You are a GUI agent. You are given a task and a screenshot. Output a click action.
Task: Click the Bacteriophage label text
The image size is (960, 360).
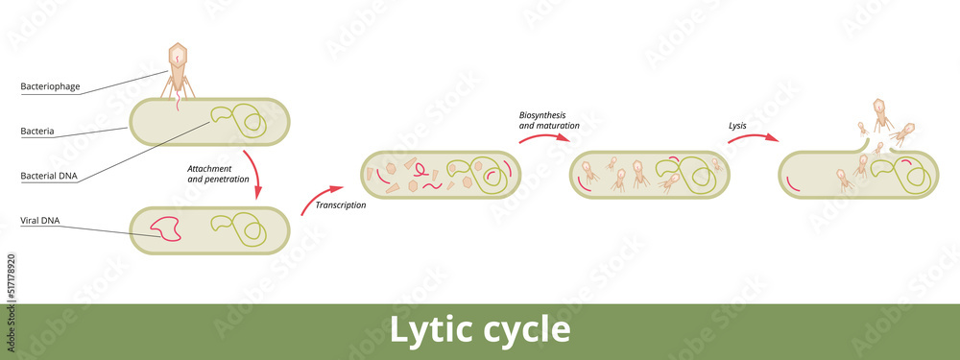pyautogui.click(x=50, y=87)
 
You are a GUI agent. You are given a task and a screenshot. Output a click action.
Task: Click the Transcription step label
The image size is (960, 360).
pyautogui.click(x=341, y=204)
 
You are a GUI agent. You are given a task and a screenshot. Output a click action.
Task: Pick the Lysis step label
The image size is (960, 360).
pyautogui.click(x=737, y=125)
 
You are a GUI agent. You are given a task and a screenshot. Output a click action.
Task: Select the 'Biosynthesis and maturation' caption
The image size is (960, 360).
pyautogui.click(x=549, y=120)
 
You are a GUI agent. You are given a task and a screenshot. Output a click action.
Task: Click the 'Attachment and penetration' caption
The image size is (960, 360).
pyautogui.click(x=218, y=174)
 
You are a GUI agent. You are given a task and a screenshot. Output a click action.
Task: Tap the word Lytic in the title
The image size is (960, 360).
pyautogui.click(x=428, y=329)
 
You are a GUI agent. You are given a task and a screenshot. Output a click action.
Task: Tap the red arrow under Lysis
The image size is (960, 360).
pyautogui.click(x=753, y=139)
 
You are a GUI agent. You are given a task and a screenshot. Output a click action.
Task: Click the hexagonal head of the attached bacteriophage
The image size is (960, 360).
pyautogui.click(x=179, y=55)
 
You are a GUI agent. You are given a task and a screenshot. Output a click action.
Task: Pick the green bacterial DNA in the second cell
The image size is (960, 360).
pyautogui.click(x=240, y=228)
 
